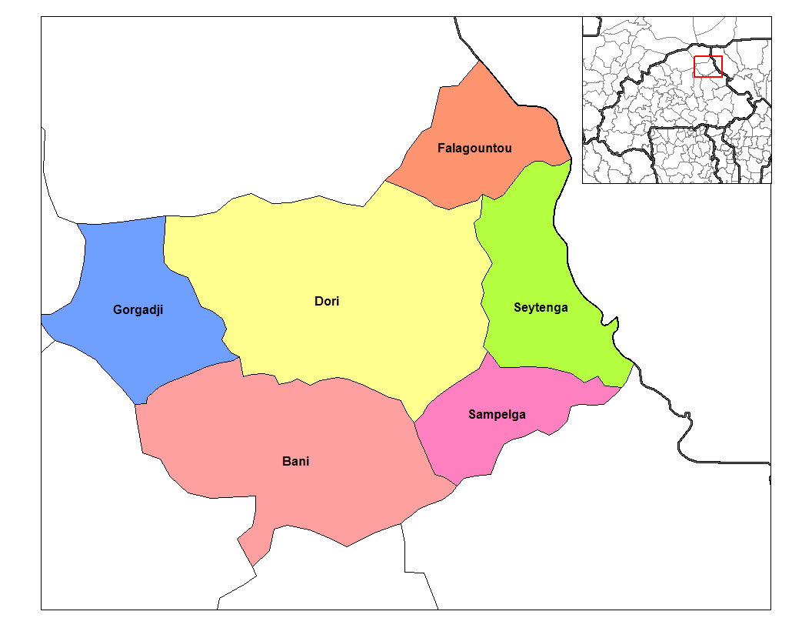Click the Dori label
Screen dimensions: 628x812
327,301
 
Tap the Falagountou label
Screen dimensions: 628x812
474,148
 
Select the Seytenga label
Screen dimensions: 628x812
541,308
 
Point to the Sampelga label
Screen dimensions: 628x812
497,415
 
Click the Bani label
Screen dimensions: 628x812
296,462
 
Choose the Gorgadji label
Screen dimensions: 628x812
138,311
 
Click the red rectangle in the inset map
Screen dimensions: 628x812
707,66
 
